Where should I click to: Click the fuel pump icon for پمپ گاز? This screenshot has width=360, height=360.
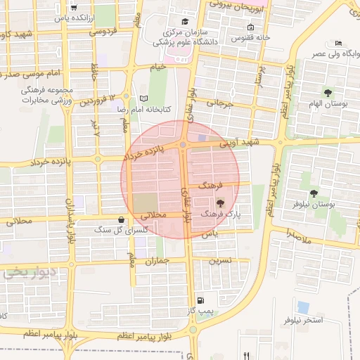202,300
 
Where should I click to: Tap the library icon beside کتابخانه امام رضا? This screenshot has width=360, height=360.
143,98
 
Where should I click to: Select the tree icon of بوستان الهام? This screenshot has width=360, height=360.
328,92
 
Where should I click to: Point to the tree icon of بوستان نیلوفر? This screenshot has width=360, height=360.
314,193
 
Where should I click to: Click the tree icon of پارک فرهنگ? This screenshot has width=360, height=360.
230,202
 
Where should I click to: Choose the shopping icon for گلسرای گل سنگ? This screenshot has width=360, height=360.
123,219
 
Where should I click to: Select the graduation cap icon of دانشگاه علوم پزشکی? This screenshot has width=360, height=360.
184,21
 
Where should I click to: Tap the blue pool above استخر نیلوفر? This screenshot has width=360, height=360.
303,307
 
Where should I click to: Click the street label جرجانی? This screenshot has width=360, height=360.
219,104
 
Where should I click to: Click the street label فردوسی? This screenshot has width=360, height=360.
103,32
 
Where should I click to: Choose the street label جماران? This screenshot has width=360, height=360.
157,261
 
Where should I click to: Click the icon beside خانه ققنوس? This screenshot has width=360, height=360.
250,27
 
